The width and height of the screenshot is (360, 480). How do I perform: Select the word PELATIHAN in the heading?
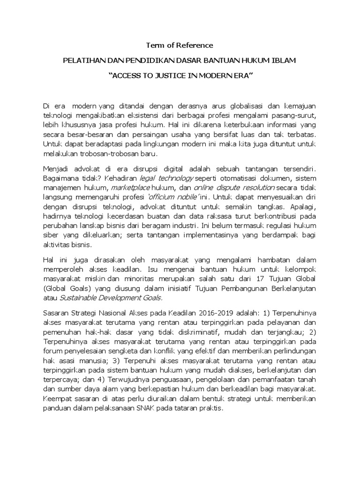click(82, 61)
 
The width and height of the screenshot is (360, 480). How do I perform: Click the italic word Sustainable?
click(76, 298)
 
